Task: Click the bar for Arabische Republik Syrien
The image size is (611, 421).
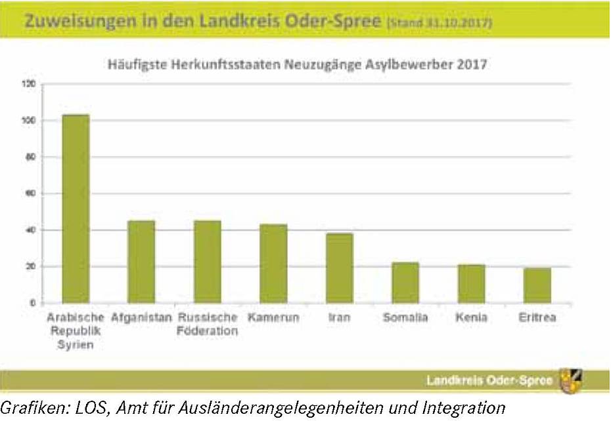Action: pyautogui.click(x=76, y=209)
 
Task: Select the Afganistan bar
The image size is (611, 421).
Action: pyautogui.click(x=141, y=262)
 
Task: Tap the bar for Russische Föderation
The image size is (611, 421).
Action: pyautogui.click(x=208, y=262)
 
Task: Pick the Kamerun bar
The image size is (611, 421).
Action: pyautogui.click(x=273, y=264)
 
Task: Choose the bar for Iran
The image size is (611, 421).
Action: pyautogui.click(x=340, y=268)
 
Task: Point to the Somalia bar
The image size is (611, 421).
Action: pyautogui.click(x=405, y=283)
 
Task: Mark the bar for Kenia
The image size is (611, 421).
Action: pyautogui.click(x=472, y=284)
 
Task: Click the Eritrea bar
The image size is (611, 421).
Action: pyautogui.click(x=537, y=286)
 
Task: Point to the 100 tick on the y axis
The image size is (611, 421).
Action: pyautogui.click(x=28, y=121)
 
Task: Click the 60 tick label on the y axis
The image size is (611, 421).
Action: pyautogui.click(x=30, y=193)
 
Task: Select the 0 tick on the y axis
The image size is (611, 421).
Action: pyautogui.click(x=33, y=303)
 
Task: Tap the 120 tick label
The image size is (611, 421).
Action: pyautogui.click(x=28, y=84)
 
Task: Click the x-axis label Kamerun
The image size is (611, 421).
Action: pyautogui.click(x=273, y=317)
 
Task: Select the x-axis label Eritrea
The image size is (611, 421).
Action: pyautogui.click(x=537, y=317)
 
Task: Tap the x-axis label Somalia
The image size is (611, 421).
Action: pyautogui.click(x=405, y=317)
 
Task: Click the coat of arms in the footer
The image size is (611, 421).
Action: pyautogui.click(x=571, y=381)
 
